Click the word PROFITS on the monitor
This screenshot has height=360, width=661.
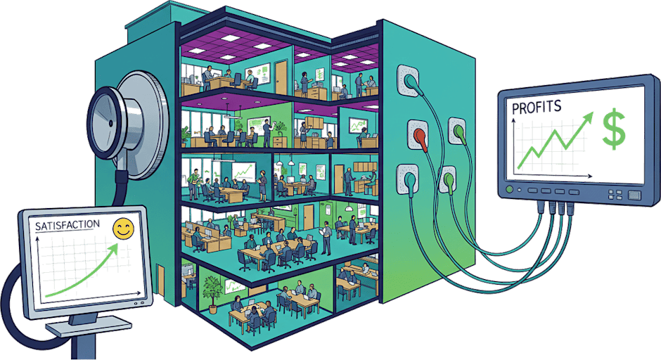click(x=537, y=108)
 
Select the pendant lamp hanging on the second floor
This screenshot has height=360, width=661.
click(x=279, y=168)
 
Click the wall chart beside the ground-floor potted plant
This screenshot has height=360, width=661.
click(x=234, y=285)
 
